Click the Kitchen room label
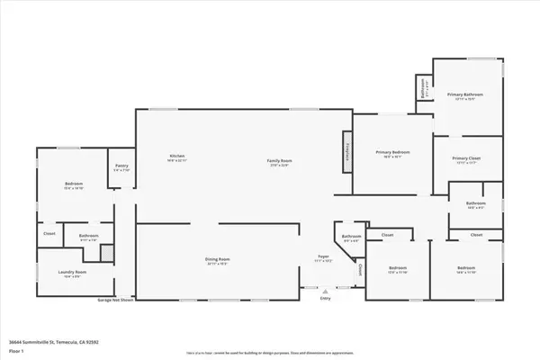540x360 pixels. point(176,156)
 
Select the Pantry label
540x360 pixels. point(121,166)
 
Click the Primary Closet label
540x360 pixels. point(466,158)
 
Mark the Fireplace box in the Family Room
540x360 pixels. point(346,148)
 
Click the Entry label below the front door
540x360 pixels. point(325,299)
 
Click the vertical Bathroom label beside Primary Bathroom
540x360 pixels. point(424,88)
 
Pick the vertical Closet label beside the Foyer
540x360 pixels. point(361,269)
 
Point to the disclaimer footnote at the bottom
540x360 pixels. point(270,354)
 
